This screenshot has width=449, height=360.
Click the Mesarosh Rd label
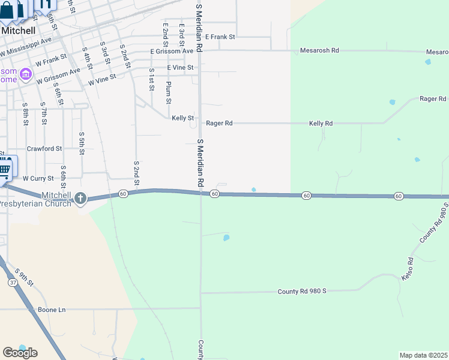(x=319, y=51)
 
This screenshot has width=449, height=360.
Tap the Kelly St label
(x=182, y=118)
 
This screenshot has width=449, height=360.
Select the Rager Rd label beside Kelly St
(x=219, y=124)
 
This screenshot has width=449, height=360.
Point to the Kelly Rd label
(x=321, y=124)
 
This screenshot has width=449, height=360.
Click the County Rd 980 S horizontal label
(x=301, y=291)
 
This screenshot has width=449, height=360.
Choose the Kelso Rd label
(x=408, y=269)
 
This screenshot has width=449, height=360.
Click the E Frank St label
(x=220, y=37)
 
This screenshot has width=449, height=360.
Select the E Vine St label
(x=180, y=68)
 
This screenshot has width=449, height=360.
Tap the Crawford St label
(x=44, y=148)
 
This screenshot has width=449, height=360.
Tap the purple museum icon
(x=25, y=74)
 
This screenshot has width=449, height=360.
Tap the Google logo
(x=20, y=353)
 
